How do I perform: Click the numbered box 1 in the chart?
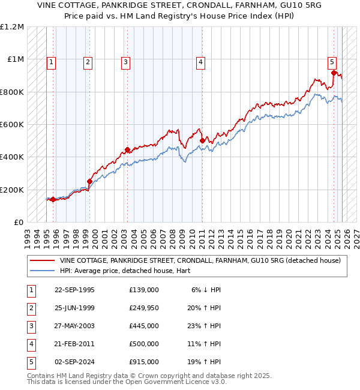coord(51,61)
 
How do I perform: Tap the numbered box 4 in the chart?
coord(200,61)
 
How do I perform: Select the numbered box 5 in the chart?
coord(332,61)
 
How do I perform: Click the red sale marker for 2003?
coord(127,150)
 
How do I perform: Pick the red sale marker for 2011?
coord(202,141)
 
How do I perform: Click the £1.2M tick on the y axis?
coord(12,27)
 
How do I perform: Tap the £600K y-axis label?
coord(12,125)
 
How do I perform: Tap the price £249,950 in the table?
coord(143,308)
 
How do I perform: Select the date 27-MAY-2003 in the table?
coord(74,326)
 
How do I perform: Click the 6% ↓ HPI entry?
coord(206,290)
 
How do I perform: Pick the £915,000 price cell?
coord(143,362)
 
